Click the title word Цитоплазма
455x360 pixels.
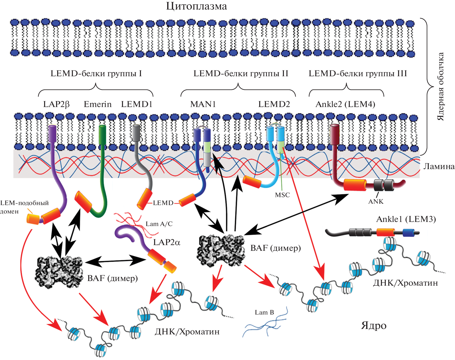click(x=196, y=6)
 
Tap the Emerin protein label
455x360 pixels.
click(x=97, y=104)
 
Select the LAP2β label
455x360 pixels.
click(x=56, y=104)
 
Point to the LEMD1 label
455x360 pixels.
click(x=137, y=104)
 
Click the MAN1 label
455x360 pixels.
click(x=203, y=104)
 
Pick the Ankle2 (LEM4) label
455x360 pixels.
click(x=345, y=104)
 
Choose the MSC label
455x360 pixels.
click(x=282, y=195)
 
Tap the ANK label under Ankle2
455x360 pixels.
click(x=376, y=202)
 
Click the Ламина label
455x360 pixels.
click(x=439, y=166)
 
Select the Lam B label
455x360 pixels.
click(x=264, y=312)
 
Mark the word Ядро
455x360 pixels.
click(x=374, y=326)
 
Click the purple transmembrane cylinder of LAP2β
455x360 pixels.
click(x=52, y=133)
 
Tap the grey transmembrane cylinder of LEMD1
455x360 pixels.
click(x=136, y=133)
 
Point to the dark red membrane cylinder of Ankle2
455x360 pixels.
click(x=334, y=134)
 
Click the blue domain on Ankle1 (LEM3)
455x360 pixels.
click(x=408, y=233)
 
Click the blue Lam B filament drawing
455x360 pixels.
click(x=265, y=325)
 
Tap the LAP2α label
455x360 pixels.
click(x=166, y=242)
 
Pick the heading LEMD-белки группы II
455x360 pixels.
click(x=241, y=74)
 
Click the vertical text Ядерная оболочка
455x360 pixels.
click(x=441, y=87)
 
